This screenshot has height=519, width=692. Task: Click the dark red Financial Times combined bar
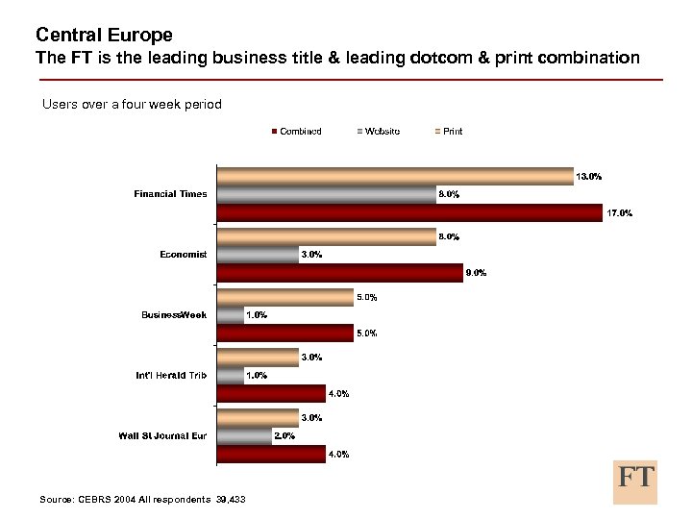click(x=408, y=213)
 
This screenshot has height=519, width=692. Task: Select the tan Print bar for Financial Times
click(x=395, y=176)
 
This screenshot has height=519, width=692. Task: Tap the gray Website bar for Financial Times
click(x=326, y=194)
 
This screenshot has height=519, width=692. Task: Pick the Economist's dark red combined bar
click(x=340, y=273)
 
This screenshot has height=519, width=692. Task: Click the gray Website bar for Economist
click(x=258, y=255)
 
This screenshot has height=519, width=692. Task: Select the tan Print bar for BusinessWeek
click(x=284, y=297)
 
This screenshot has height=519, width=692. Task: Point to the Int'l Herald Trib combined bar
click(x=271, y=393)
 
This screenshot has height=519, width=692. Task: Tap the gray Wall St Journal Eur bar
click(x=244, y=435)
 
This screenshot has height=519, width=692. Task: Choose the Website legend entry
click(x=379, y=132)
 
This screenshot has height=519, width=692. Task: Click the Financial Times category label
click(x=170, y=194)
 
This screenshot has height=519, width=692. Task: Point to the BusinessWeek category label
click(x=174, y=315)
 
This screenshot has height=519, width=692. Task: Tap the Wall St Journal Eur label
click(x=162, y=435)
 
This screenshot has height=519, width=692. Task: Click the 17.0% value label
click(x=618, y=213)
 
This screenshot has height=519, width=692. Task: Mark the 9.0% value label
click(x=476, y=273)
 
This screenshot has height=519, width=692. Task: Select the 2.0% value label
click(x=284, y=435)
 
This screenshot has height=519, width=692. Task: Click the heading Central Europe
click(x=104, y=36)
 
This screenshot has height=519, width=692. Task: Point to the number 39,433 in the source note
click(x=229, y=500)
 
